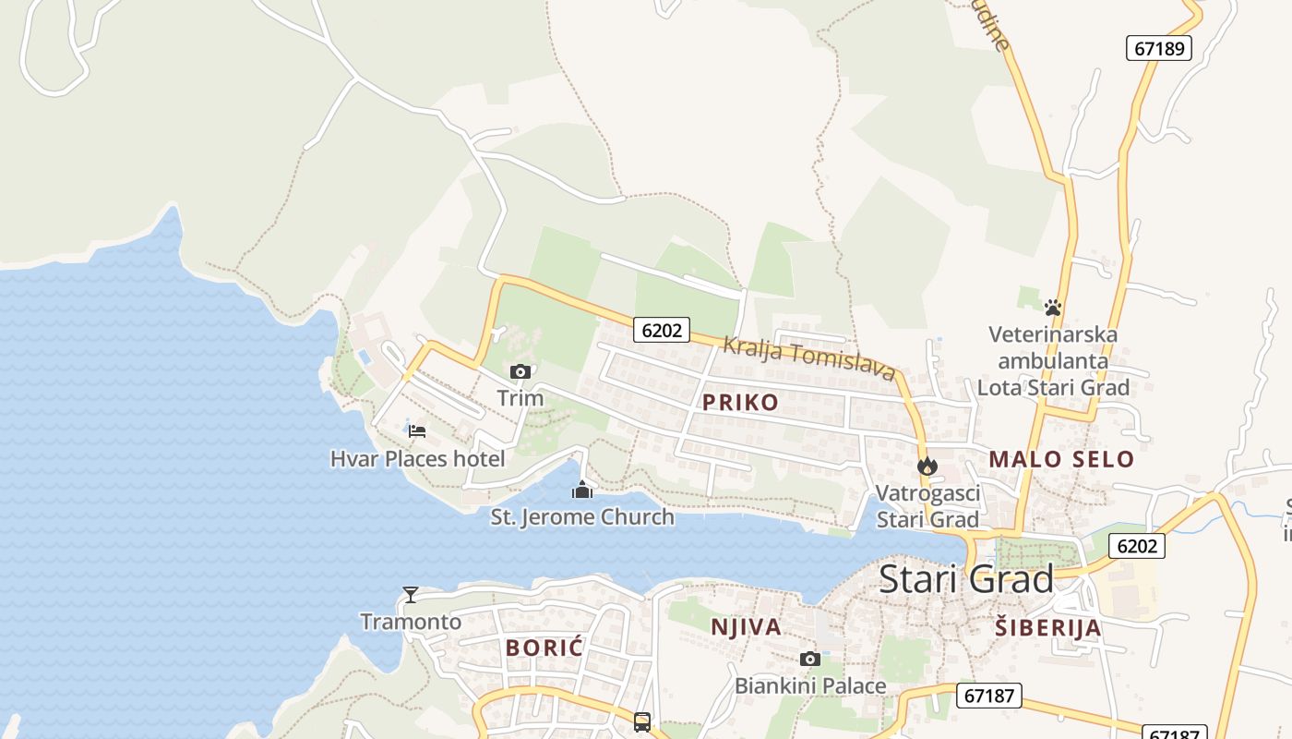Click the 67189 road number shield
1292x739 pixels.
(x=1159, y=48)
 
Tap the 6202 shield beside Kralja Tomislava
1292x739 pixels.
(x=662, y=330)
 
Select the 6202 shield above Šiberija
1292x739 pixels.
(x=1136, y=546)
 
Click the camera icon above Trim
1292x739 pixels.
(x=520, y=371)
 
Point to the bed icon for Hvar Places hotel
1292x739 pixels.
(x=417, y=430)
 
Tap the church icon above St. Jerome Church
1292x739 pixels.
(x=582, y=489)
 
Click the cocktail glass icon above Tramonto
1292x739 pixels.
(x=411, y=594)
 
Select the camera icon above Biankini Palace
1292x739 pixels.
(x=810, y=659)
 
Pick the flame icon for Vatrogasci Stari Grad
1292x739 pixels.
(x=927, y=466)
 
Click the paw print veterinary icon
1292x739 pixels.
(x=1053, y=307)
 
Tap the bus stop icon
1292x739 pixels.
(x=642, y=721)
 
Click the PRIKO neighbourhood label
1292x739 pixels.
(x=740, y=402)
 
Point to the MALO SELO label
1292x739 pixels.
(x=1061, y=458)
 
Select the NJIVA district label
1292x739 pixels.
(x=746, y=627)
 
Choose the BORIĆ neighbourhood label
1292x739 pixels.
(x=544, y=648)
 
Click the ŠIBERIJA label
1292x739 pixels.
(x=1048, y=628)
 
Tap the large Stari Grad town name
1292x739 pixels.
(x=965, y=579)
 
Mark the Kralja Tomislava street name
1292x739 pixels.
(x=808, y=357)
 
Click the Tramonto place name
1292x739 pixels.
(x=411, y=621)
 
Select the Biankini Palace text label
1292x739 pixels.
(x=810, y=685)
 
